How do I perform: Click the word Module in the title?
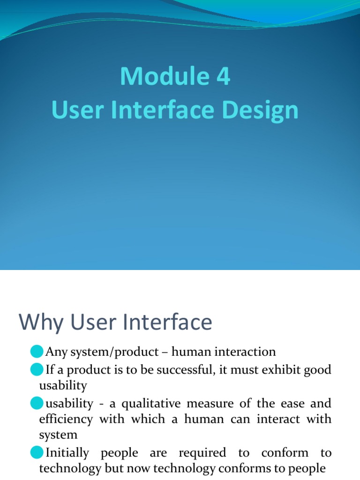point(158,77)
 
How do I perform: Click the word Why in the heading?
point(40,323)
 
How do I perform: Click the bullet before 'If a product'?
point(36,370)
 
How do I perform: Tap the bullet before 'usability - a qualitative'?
point(36,403)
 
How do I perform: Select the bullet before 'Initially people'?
point(36,452)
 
